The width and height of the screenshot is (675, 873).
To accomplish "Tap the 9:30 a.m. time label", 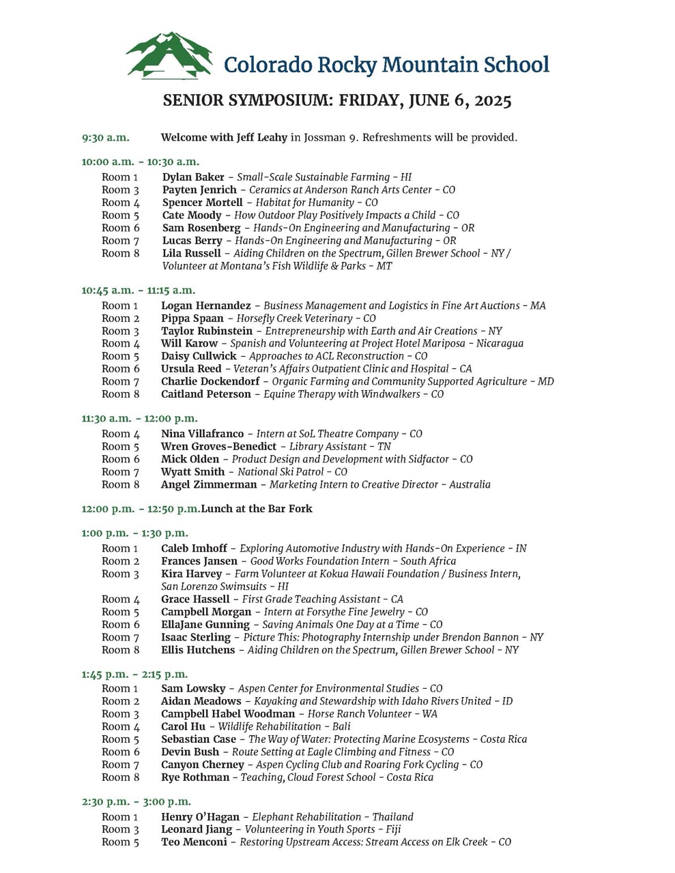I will (105, 138).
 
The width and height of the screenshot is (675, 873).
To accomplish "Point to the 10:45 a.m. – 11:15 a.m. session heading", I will (138, 290).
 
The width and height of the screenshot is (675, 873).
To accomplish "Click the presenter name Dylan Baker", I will (193, 177).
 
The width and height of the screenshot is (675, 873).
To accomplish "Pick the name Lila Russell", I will (192, 253).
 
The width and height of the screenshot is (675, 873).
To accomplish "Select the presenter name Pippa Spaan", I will (192, 319).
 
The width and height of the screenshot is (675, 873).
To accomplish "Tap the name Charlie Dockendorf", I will (209, 381).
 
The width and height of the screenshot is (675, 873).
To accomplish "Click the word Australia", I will (469, 485).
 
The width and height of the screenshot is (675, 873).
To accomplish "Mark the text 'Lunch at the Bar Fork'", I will (257, 509).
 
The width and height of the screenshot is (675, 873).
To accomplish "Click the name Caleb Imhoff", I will (195, 548).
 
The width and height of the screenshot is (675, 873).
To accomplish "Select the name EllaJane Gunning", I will (205, 625).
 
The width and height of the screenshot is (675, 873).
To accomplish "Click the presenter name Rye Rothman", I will (195, 778).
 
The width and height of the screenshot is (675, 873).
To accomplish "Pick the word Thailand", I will (392, 817).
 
